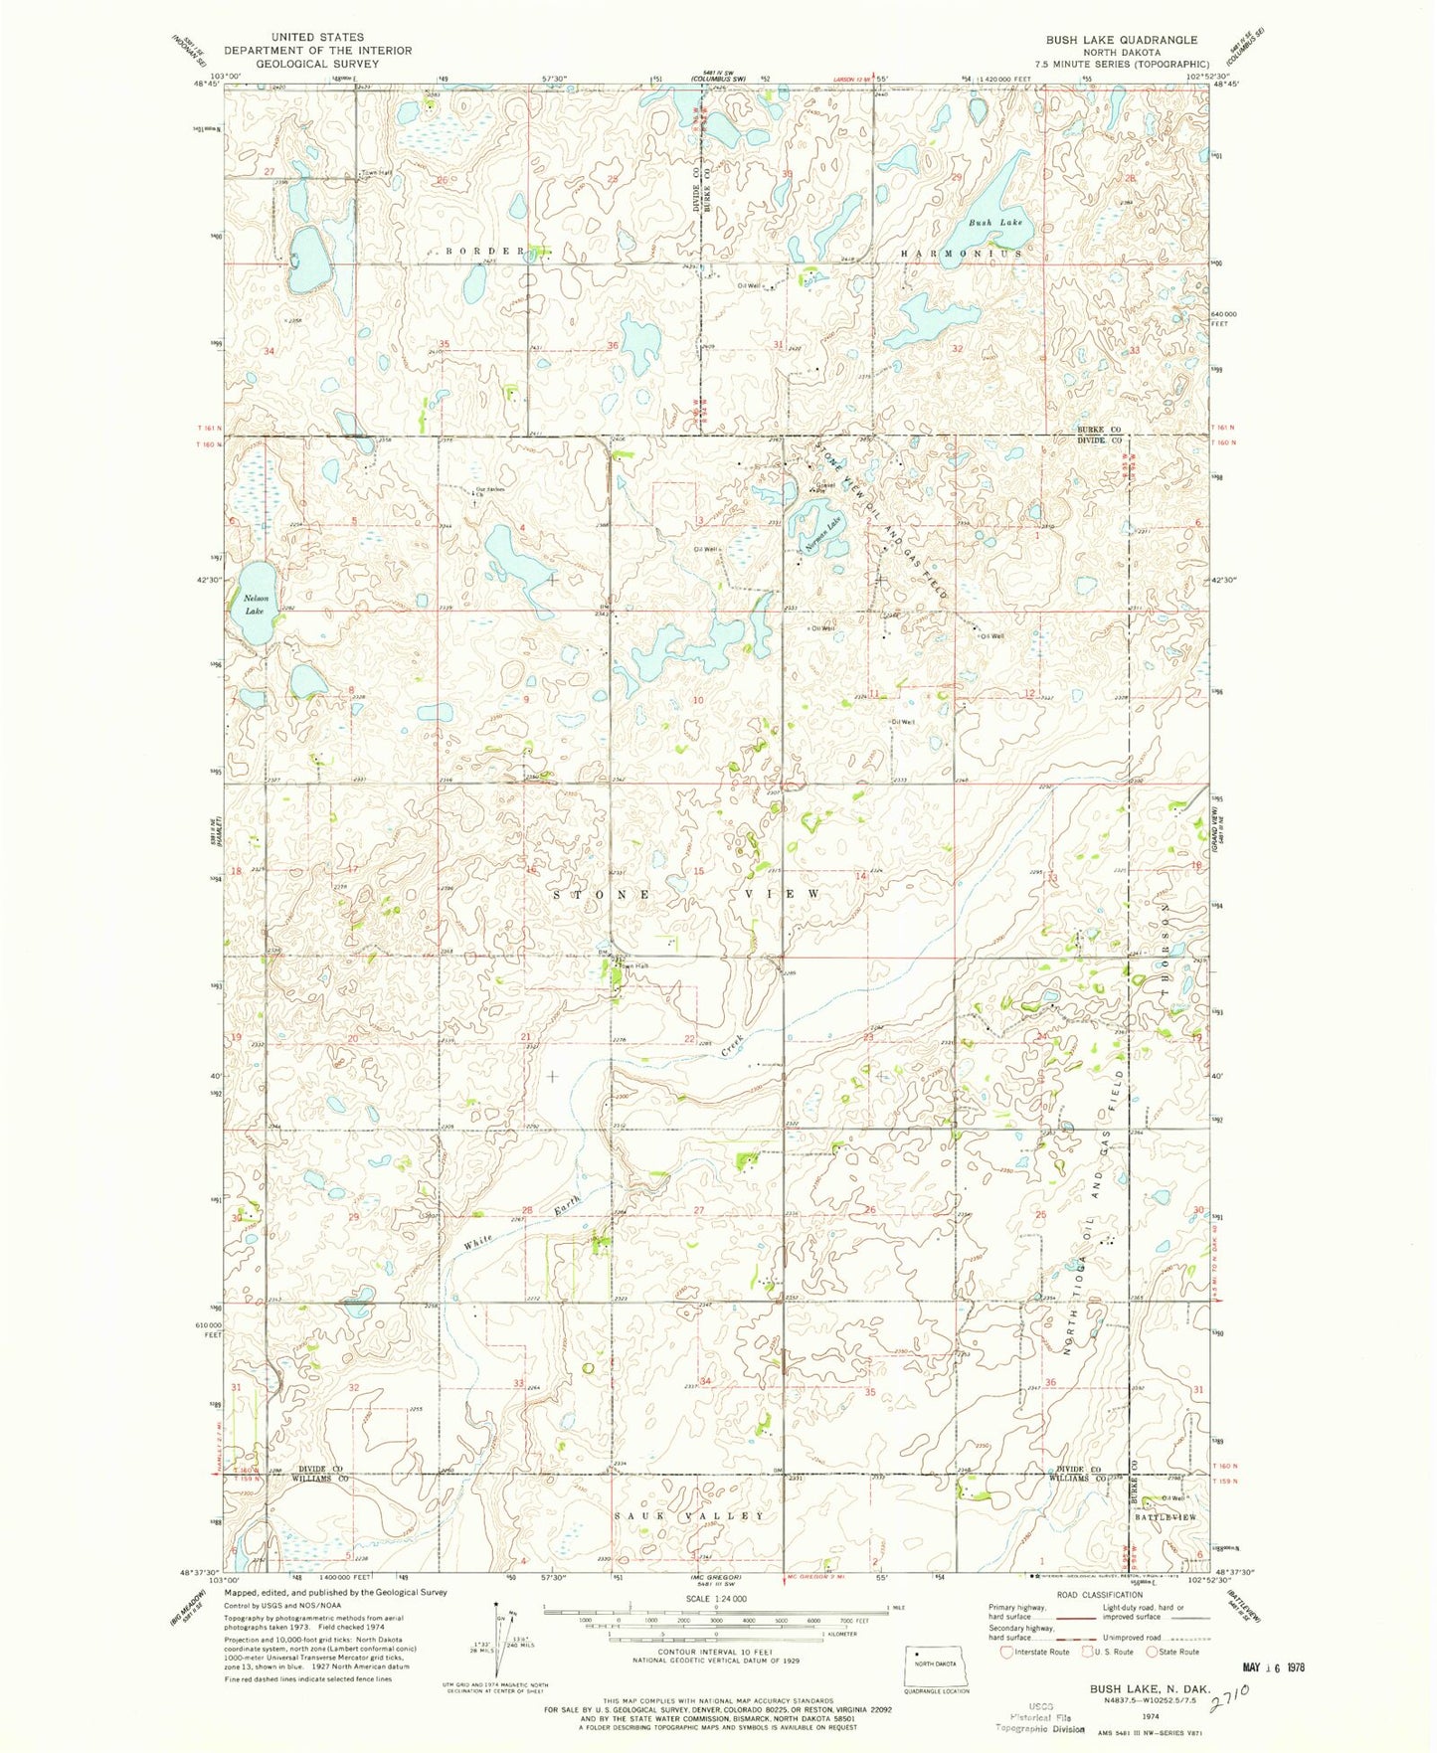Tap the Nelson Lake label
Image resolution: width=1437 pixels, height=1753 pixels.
tap(255, 605)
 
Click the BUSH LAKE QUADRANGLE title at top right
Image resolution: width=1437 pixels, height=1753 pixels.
tap(1121, 40)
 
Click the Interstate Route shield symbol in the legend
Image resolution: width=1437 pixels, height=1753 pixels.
tap(1007, 1652)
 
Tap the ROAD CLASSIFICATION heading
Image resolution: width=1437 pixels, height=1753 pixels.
tap(1097, 1595)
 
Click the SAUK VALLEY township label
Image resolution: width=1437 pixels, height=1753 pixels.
tap(689, 1516)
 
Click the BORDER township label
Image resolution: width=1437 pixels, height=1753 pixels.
tap(484, 252)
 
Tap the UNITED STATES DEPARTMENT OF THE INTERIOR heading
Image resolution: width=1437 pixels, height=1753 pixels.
tap(317, 50)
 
